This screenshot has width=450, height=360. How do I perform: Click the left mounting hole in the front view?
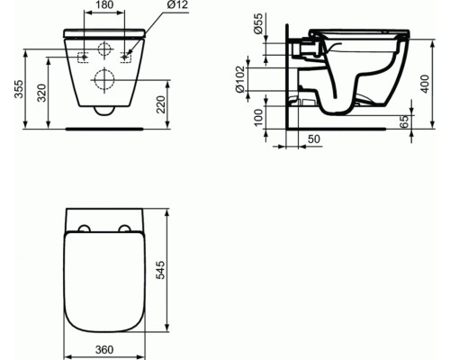(x=84, y=57)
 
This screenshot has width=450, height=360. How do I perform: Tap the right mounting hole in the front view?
(x=125, y=57)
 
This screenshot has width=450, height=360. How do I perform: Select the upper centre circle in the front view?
(x=104, y=49)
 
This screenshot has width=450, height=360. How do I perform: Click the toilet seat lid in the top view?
(x=104, y=279)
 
